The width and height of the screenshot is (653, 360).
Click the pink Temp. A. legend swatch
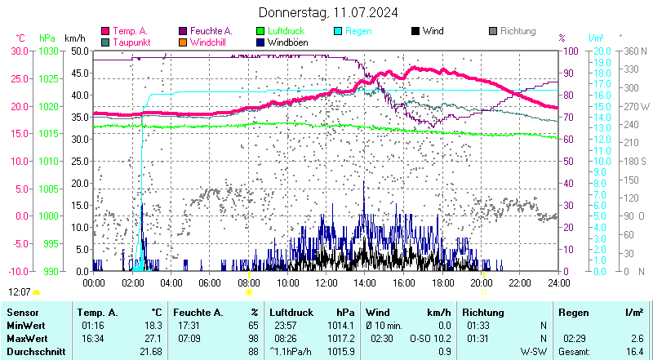pyautogui.click(x=104, y=31)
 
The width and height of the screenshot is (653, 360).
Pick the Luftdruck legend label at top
pyautogui.click(x=287, y=31)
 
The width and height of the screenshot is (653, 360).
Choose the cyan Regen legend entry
pyautogui.click(x=358, y=31)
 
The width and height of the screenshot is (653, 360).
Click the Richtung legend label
pyautogui.click(x=518, y=31)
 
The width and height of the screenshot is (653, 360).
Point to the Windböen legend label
pyautogui.click(x=287, y=42)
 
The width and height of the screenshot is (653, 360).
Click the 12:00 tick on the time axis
pyautogui.click(x=326, y=282)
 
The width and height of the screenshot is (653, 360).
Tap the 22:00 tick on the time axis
pyautogui.click(x=520, y=282)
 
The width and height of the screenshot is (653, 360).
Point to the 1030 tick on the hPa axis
pyautogui.click(x=48, y=51)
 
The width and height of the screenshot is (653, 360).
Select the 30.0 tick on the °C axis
pyautogui.click(x=19, y=51)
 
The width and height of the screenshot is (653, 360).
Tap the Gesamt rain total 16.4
pyautogui.click(x=633, y=351)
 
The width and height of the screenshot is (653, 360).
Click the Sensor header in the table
pyautogui.click(x=23, y=312)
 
